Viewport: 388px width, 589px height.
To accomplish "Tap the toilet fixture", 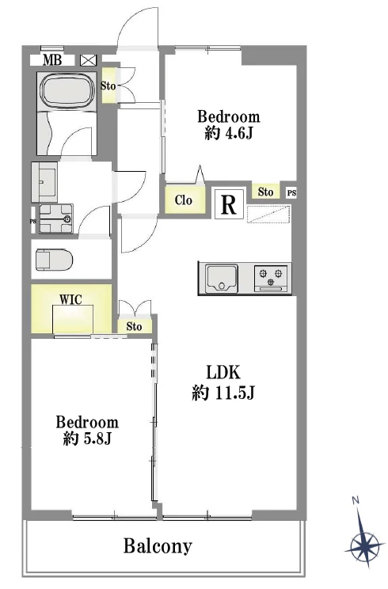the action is (x=54, y=260).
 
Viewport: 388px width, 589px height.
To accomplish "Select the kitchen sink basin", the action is (x=223, y=278).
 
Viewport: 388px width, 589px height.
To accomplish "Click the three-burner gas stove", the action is (x=271, y=278).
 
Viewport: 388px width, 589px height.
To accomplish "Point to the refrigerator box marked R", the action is (x=229, y=204).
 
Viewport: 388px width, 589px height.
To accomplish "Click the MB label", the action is (x=52, y=60).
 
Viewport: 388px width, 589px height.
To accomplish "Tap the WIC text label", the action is (x=70, y=300).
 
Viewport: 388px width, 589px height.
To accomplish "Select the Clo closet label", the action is (x=184, y=200).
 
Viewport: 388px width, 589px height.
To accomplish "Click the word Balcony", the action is (x=158, y=545).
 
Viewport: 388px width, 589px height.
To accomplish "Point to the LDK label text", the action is (x=223, y=373).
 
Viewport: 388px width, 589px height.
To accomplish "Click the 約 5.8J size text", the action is (x=87, y=439).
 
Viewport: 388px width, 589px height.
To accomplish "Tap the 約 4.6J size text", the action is (x=228, y=133).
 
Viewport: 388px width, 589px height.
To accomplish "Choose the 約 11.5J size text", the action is (x=223, y=393).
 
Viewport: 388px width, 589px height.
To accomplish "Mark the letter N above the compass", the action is (x=356, y=500).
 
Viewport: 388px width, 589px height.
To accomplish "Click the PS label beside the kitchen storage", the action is (x=292, y=193).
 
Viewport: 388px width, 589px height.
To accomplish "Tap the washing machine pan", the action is (x=56, y=218).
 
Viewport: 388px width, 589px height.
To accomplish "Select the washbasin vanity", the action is (x=44, y=182).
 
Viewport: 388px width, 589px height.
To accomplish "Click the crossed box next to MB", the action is (x=88, y=60).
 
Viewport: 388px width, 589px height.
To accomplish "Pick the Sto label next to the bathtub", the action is (x=108, y=86).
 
